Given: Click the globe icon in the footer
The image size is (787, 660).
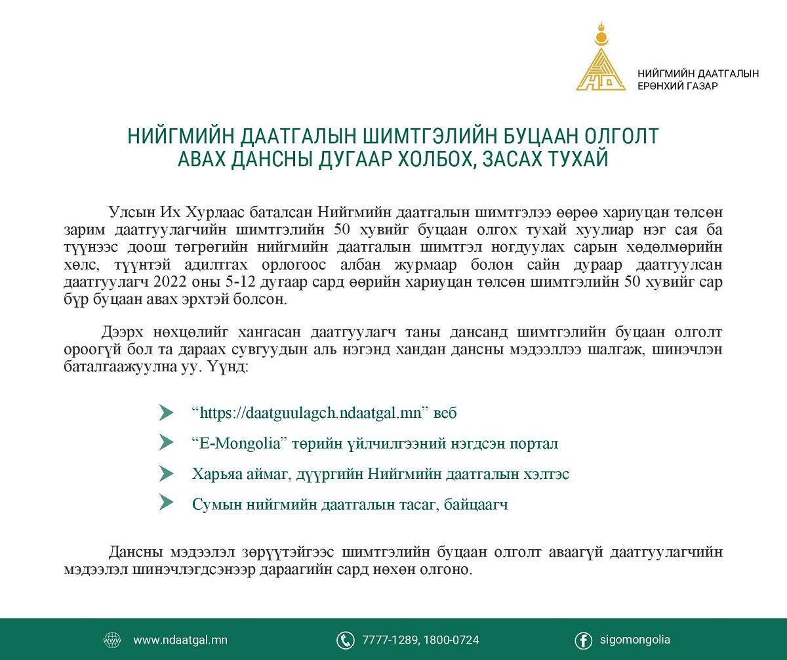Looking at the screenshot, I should click(x=112, y=640).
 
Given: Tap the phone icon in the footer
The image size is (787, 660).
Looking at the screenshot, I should click(x=345, y=640).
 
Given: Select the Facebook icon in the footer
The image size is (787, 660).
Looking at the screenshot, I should click(x=583, y=640).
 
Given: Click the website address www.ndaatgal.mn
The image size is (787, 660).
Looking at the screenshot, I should click(x=180, y=640).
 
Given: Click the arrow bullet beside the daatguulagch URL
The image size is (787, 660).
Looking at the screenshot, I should click(x=167, y=413).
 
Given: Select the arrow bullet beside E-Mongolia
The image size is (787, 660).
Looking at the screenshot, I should click(x=167, y=443).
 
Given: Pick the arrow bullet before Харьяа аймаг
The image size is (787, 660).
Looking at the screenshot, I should click(x=167, y=474).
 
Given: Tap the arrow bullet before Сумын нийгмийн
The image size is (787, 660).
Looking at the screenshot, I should click(x=167, y=504).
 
